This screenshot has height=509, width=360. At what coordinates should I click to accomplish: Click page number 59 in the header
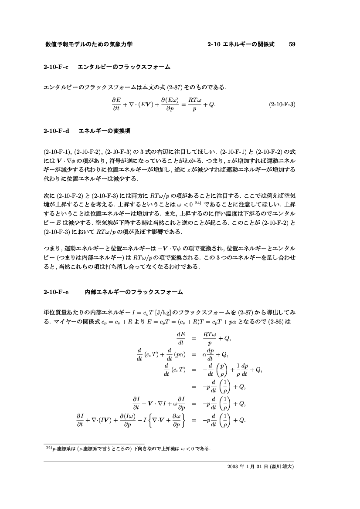tap(292, 44)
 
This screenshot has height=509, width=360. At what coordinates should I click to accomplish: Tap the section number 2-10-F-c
tap(56, 67)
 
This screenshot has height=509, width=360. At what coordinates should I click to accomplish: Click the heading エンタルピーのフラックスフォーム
tap(124, 67)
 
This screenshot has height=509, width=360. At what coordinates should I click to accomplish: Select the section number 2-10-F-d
tap(57, 131)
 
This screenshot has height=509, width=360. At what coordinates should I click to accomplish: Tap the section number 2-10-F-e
tap(56, 292)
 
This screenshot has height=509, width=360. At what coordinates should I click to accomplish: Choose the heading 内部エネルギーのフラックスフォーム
tap(133, 292)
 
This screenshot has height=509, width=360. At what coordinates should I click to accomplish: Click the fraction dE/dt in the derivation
tap(181, 338)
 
